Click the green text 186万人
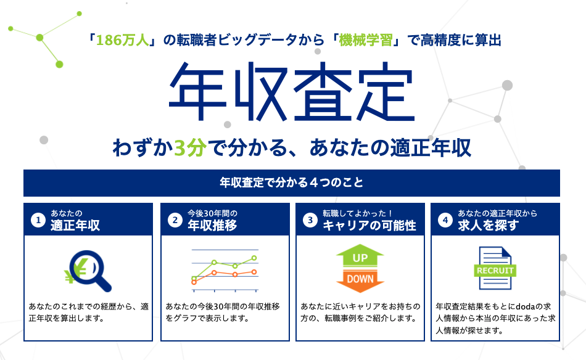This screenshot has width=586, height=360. coord(123,40)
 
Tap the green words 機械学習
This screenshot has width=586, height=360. coord(366,40)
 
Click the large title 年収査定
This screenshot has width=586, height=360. coord(292,91)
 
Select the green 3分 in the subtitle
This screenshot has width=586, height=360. coord(190,147)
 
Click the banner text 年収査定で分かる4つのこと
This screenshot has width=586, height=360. coord(292,182)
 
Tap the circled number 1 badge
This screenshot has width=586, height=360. coord(38,220)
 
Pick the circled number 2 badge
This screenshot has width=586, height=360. coord(175,220)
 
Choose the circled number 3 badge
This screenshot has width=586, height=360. coord(310,220)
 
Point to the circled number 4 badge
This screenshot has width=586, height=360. coord(445,220)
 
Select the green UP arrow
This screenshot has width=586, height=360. coord(360,255)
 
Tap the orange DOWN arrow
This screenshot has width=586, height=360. coord(360,281)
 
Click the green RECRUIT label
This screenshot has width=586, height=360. coord(495,271)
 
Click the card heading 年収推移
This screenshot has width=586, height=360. coord(212,226)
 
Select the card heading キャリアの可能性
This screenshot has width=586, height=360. coord(369,226)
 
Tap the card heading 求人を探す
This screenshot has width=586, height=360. coord(489,226)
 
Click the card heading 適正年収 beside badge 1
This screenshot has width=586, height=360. coord(75,226)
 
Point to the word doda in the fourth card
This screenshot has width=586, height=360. coord(526,306)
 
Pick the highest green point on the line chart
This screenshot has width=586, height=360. coord(254,258)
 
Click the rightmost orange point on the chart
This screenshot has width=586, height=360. coord(254,272)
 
